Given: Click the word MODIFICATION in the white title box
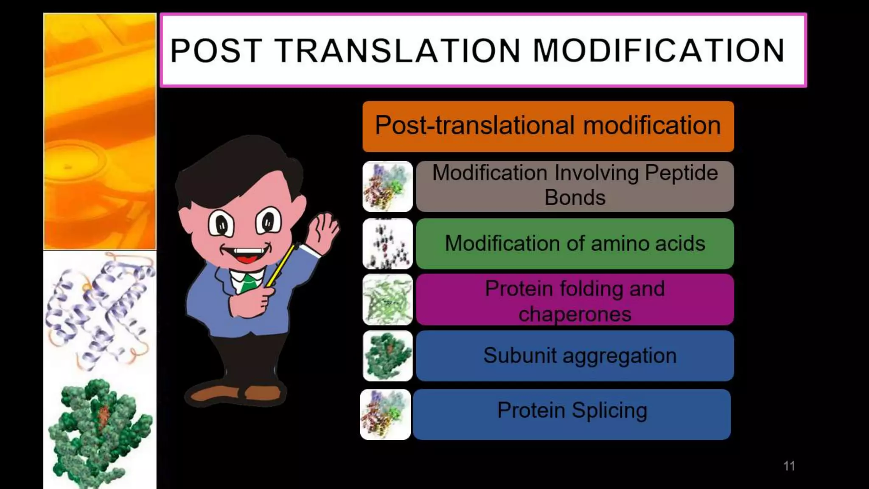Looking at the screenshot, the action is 659,51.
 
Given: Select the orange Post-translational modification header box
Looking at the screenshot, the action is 548,126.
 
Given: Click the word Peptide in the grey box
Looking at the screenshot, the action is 681,173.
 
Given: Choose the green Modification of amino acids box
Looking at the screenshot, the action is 575,244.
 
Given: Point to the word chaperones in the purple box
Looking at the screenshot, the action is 575,315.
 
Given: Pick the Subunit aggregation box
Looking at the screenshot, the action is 575,356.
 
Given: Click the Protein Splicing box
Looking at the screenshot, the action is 572,414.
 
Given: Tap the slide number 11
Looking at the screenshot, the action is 789,466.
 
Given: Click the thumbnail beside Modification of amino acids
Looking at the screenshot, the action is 387,244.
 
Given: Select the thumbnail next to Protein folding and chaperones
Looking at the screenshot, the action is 387,300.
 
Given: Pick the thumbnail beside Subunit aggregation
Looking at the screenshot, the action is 387,356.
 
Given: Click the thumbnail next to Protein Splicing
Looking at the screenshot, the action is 385,414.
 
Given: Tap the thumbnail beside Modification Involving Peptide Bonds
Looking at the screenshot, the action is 387,186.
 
